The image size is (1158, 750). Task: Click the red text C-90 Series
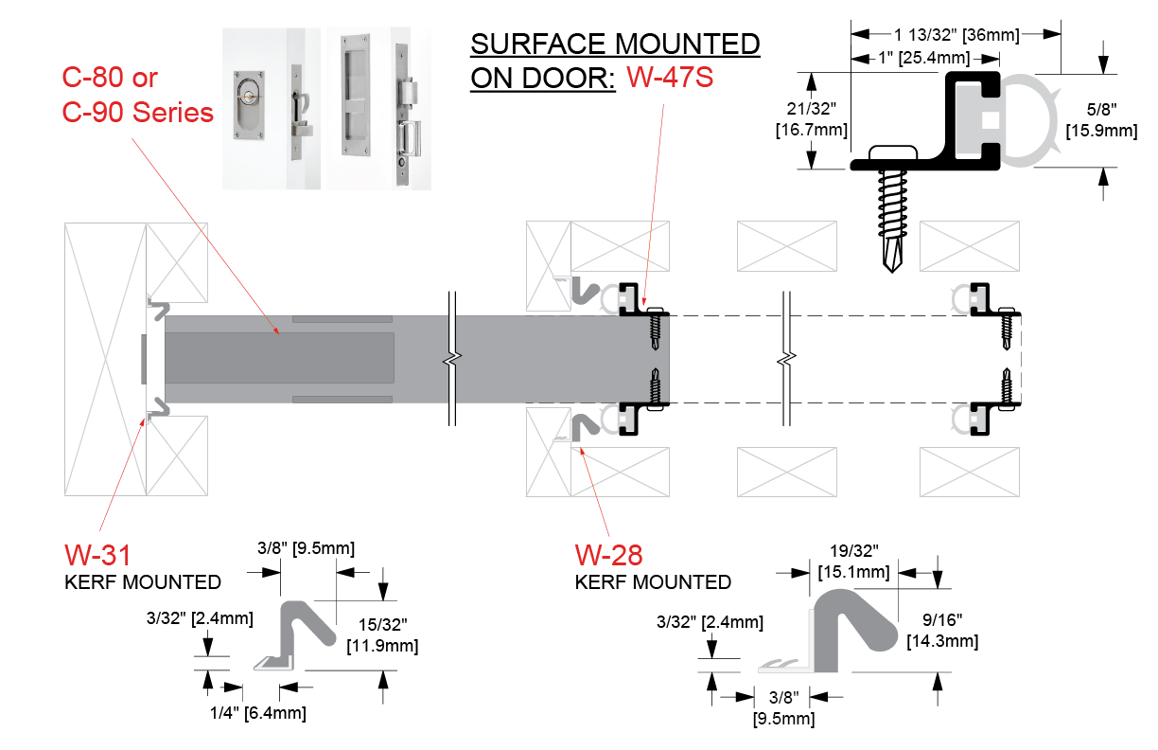click(138, 112)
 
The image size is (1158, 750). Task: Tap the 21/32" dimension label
click(811, 111)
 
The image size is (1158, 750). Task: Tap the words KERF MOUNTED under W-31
click(143, 581)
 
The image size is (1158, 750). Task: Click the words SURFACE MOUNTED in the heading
click(614, 44)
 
